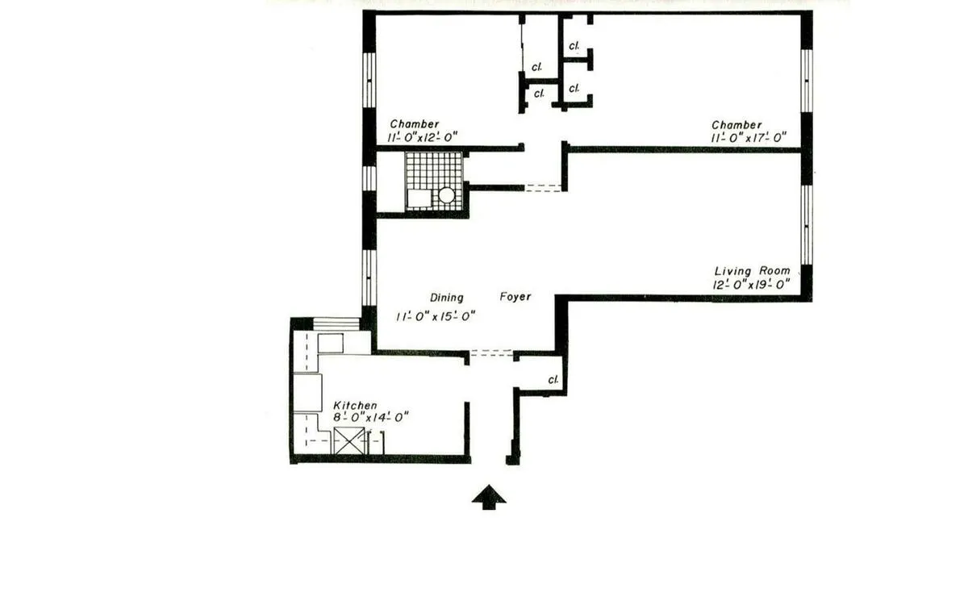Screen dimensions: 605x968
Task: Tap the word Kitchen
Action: pos(355,405)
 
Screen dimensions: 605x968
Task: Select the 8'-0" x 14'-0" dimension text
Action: pos(372,417)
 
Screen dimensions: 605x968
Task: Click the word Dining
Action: pos(446,298)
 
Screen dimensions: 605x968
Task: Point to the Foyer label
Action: pos(515,297)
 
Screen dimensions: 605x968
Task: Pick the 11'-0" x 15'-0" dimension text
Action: pos(435,316)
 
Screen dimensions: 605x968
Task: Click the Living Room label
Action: pos(752,271)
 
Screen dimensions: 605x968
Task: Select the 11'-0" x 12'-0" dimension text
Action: pos(422,137)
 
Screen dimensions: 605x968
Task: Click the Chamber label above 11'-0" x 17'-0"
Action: pos(736,125)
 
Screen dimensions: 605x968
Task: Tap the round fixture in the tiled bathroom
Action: pos(446,195)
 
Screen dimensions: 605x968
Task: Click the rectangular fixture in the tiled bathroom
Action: pos(419,198)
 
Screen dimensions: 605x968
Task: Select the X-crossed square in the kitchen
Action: pos(349,441)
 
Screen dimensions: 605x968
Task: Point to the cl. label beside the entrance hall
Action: pos(553,379)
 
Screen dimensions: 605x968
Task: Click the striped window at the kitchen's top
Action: pos(336,323)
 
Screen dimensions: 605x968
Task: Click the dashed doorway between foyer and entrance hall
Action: pos(491,353)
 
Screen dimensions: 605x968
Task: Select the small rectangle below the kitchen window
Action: pos(331,343)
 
